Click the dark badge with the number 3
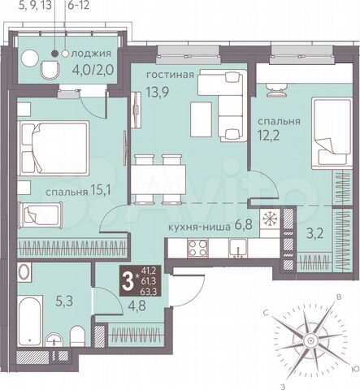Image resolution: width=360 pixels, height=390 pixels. click(127, 283)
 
